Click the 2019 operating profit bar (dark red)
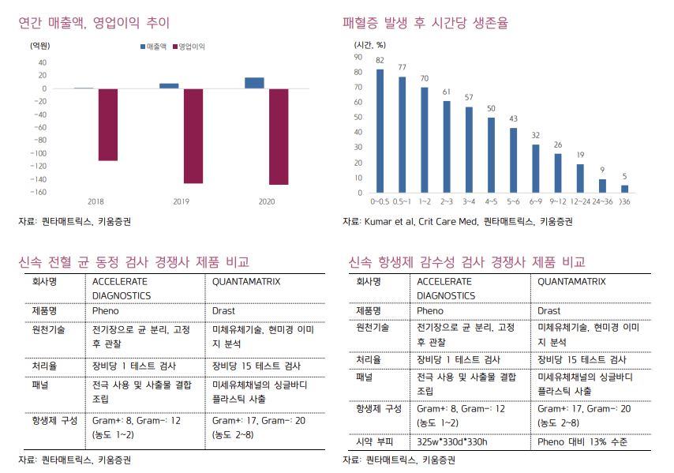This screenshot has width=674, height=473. tap(193, 136)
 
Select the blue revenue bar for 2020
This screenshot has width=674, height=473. tap(254, 83)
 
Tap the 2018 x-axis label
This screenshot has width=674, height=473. tap(95, 201)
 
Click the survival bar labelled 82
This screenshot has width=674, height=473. tap(380, 131)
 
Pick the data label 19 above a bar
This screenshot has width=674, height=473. tap(579, 155)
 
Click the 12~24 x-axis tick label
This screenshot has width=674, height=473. tap(580, 201)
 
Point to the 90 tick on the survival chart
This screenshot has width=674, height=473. tap(358, 57)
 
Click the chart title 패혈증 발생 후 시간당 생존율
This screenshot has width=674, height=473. tap(425, 23)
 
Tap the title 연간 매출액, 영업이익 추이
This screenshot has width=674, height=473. tap(94, 23)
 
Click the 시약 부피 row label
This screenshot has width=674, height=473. tap(375, 442)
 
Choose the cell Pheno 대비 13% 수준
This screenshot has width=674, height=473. tap(582, 442)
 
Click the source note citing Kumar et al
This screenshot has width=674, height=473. tap(457, 221)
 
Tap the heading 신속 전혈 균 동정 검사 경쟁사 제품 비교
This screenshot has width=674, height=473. tap(133, 261)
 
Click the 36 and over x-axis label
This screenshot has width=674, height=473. tap(624, 201)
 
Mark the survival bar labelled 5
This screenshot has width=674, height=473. tap(624, 189)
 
